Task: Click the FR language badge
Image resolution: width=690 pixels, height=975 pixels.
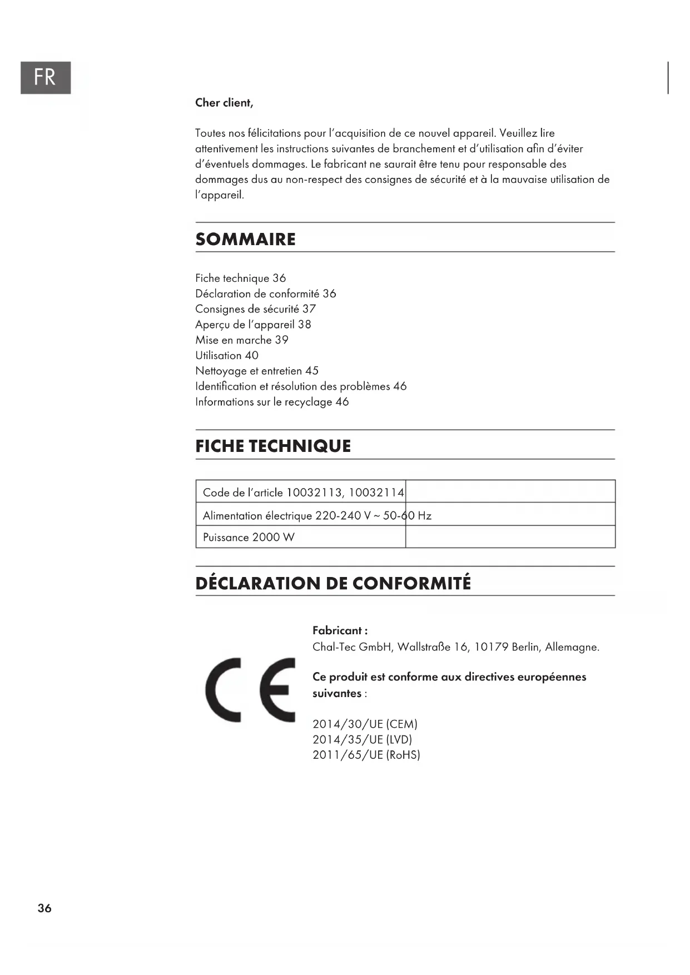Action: [x=46, y=77]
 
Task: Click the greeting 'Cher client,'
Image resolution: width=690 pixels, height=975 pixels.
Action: [x=224, y=103]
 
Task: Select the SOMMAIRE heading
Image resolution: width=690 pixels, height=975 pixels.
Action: [x=245, y=239]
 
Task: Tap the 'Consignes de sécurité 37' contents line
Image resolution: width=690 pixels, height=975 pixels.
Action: [x=255, y=309]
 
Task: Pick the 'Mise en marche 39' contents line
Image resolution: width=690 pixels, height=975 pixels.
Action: [x=241, y=340]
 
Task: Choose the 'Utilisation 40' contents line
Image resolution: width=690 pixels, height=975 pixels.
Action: [x=226, y=356]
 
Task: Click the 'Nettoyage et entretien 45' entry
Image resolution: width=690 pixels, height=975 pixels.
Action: [x=256, y=371]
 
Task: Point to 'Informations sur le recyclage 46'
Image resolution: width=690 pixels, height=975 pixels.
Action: [x=271, y=402]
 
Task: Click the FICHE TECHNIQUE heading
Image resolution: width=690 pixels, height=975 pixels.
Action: [x=273, y=446]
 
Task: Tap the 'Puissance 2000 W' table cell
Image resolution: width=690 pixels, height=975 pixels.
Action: [x=249, y=538]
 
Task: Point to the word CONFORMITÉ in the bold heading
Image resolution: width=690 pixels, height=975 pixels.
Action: [x=411, y=583]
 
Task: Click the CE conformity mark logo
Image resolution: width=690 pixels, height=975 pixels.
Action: [x=250, y=690]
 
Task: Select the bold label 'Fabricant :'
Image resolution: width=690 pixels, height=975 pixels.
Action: [x=340, y=631]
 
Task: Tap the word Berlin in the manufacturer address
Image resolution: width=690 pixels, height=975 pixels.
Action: [x=525, y=647]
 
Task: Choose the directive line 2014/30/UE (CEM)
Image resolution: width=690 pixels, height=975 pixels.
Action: [x=365, y=724]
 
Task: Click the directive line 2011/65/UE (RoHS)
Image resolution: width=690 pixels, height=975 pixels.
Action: [x=366, y=755]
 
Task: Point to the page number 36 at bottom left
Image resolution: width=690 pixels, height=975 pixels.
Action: [x=44, y=908]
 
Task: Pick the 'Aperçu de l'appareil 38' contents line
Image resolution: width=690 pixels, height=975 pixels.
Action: [x=253, y=325]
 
